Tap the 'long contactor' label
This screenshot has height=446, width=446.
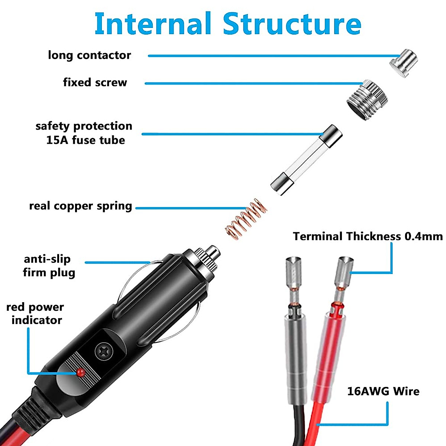coord(90,55)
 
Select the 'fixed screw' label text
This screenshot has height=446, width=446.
coord(95,83)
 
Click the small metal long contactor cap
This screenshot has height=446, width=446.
coord(403,63)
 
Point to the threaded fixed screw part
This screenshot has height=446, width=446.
coord(367,99)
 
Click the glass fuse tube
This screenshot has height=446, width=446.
coord(306,160)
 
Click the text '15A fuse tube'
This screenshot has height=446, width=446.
coord(85,140)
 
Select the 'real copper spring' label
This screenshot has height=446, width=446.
coord(81,206)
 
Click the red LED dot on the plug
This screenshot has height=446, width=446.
coord(80,372)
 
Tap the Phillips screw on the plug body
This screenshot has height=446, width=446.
coord(103,350)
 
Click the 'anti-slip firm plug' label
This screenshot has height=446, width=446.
coord(48,266)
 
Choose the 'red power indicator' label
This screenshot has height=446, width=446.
coord(36,314)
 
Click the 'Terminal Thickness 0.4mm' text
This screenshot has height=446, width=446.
coord(368,237)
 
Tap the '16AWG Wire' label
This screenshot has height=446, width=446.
coord(383,391)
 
